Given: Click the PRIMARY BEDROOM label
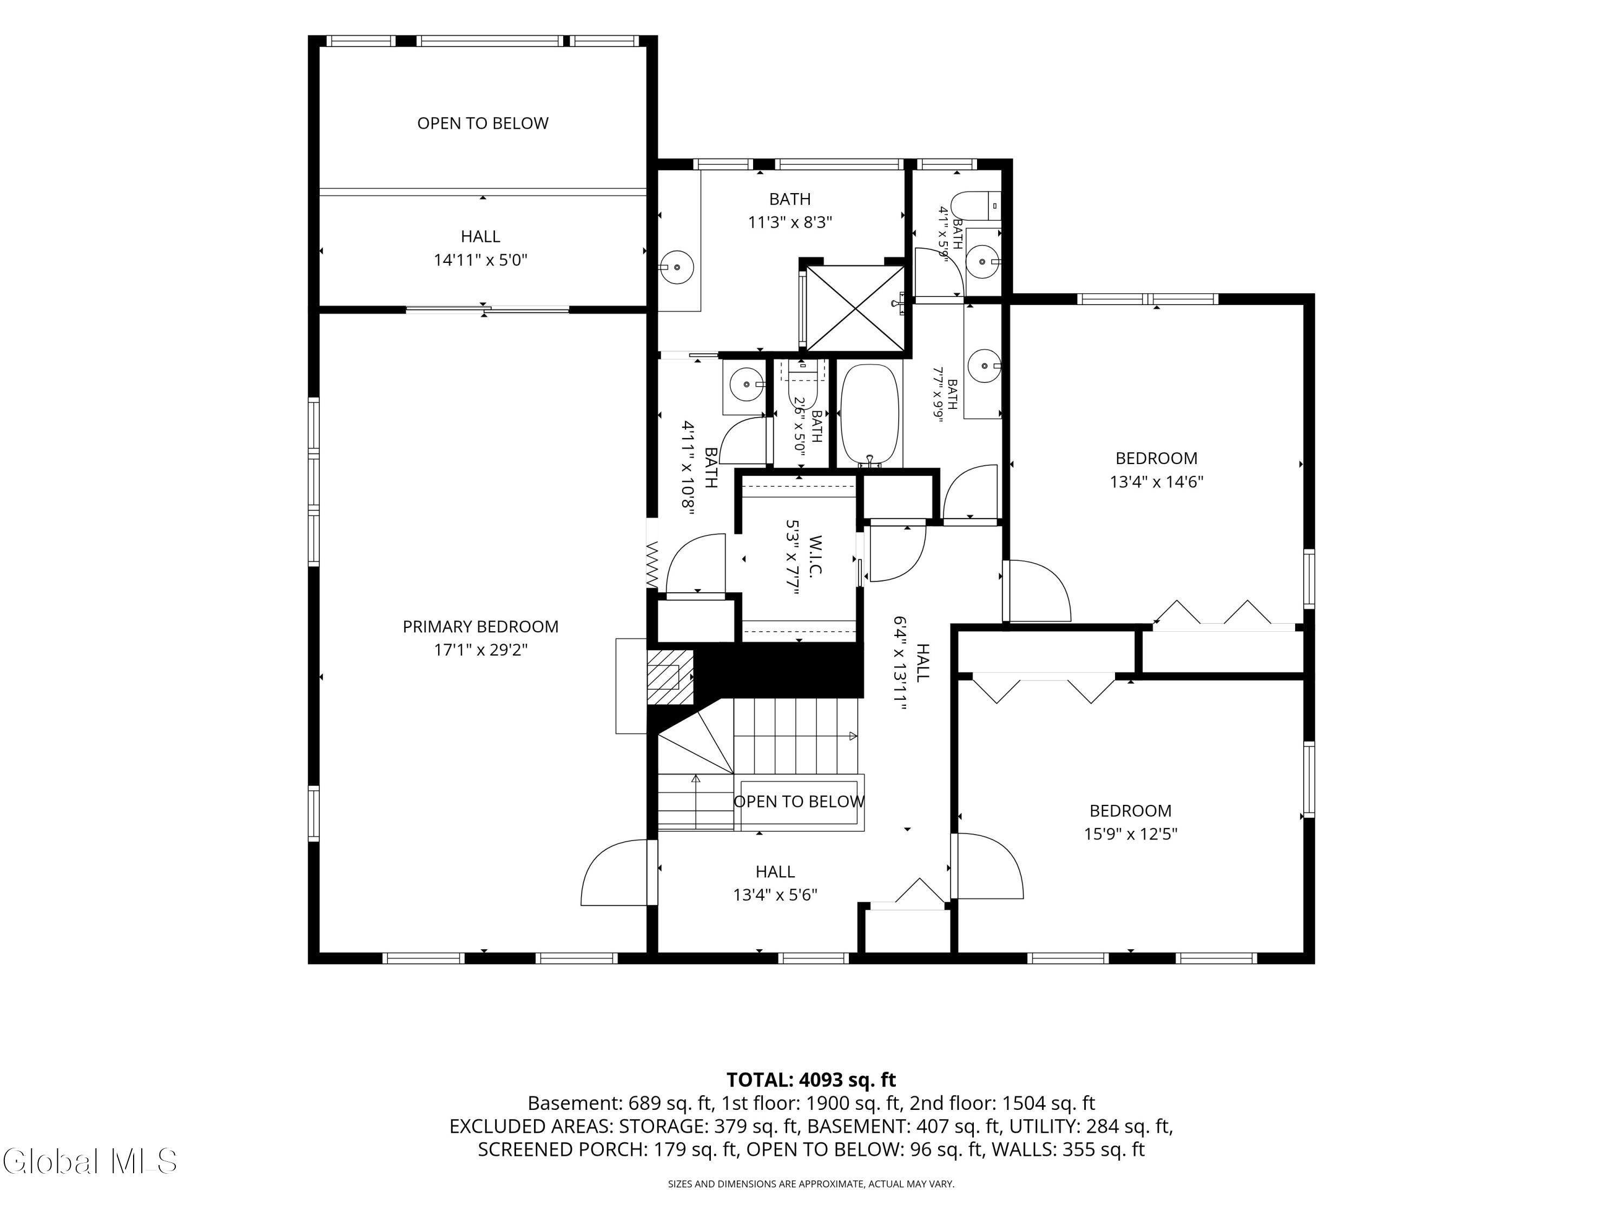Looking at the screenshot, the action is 480,626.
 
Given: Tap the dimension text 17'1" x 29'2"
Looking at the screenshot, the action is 480,650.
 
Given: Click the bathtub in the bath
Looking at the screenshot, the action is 869,415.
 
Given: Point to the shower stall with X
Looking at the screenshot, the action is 855,309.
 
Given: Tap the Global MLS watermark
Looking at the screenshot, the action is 89,1161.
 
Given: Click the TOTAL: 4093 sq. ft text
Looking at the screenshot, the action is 811,1080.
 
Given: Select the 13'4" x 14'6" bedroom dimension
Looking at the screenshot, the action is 1156,482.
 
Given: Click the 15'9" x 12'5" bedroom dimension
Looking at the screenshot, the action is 1131,834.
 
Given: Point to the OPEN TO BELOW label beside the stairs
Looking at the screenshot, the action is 799,802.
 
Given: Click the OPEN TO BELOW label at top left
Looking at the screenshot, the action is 483,123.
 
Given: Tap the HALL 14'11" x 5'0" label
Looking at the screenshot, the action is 480,248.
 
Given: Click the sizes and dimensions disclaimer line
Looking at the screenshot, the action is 811,1183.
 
